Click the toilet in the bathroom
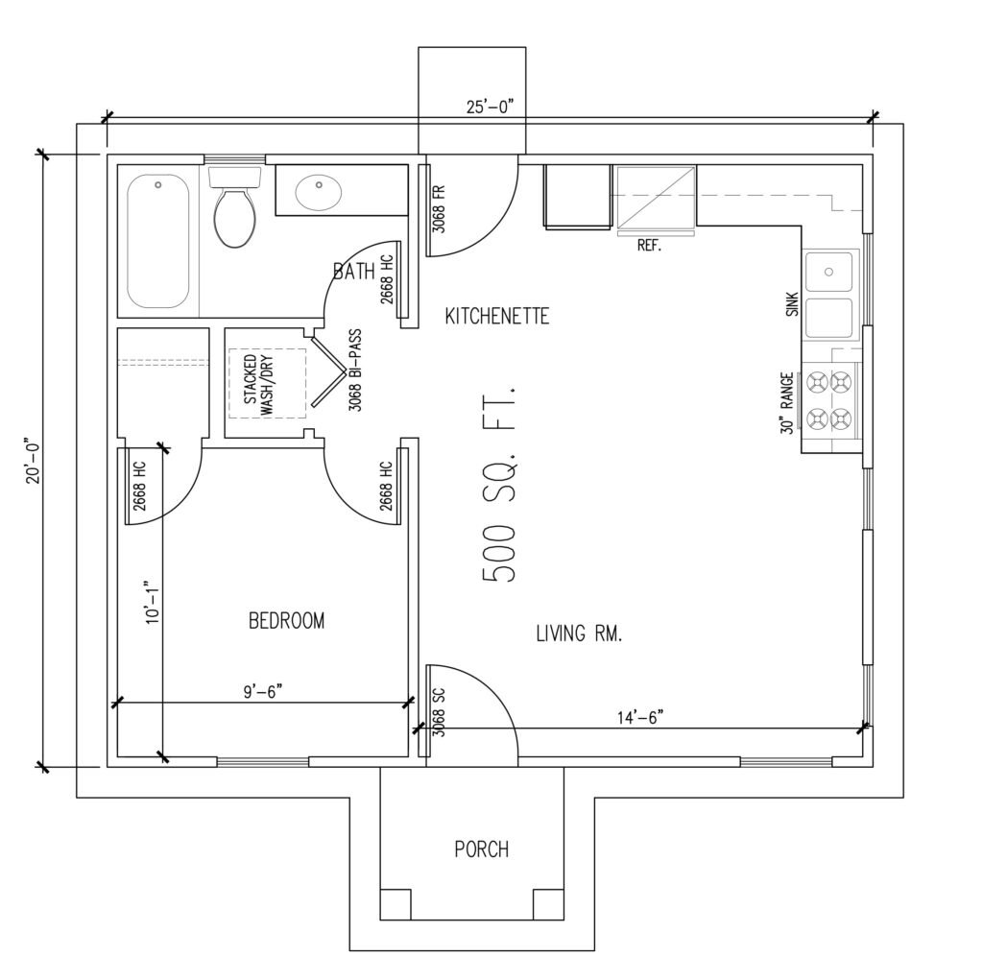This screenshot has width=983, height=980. pos(234,207)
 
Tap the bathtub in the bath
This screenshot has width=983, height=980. pos(158,241)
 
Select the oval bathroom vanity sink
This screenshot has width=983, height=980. pos(319,193)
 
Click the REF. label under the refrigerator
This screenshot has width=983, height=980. pos(650,245)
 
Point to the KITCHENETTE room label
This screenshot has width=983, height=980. pos(497,316)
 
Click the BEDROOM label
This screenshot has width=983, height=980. pos(286,621)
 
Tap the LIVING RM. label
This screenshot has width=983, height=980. pos(579,633)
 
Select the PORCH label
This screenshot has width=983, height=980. pos(482,849)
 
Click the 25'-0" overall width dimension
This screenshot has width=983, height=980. pos(490,107)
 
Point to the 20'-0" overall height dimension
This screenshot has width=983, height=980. pos(33,461)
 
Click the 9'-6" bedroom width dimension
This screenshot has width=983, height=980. pos(263,692)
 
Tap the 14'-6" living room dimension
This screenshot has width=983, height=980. pos(640,717)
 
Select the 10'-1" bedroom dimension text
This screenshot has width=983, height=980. pos(153,601)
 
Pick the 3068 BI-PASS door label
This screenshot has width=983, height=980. pos(355,370)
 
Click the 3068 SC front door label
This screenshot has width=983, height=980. pos(439,712)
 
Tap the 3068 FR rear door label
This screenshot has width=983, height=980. pos(439,208)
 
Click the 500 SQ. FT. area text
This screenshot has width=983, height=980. pos(499,484)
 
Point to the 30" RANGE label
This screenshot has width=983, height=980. pos(788,403)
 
